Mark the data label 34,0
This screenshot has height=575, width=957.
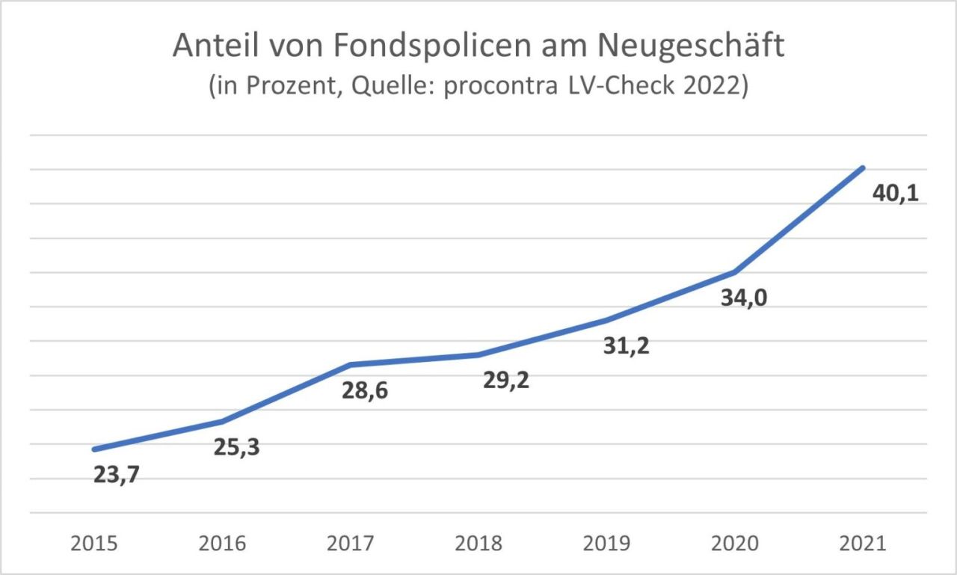click(x=744, y=298)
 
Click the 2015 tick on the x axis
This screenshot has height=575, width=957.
click(x=94, y=544)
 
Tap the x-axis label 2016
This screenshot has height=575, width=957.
click(x=222, y=544)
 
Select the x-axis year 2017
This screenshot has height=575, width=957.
click(x=351, y=544)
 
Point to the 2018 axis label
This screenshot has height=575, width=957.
click(x=478, y=544)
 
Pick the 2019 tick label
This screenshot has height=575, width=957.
click(x=606, y=544)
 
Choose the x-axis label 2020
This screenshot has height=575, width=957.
click(x=735, y=544)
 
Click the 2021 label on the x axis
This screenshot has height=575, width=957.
click(x=863, y=544)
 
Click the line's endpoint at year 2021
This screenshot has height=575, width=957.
click(x=863, y=167)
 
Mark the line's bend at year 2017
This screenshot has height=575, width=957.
click(x=351, y=364)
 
